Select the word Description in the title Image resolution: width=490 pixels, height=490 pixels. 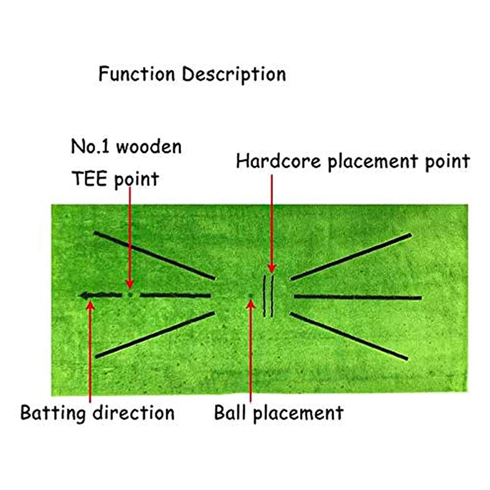234,75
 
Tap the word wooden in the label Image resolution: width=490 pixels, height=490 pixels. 149,147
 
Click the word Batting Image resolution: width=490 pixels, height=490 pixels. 53,413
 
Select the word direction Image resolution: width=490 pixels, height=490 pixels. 134,413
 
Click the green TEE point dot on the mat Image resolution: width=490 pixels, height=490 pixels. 130,295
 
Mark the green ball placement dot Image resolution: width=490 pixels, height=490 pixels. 251,295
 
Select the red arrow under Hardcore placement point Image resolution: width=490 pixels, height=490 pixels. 271,224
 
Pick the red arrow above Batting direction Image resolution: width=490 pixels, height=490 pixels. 90,349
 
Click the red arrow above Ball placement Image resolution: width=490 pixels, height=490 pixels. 251,349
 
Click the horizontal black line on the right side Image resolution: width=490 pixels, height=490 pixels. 358,297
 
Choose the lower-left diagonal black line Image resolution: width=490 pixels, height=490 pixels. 155,334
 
